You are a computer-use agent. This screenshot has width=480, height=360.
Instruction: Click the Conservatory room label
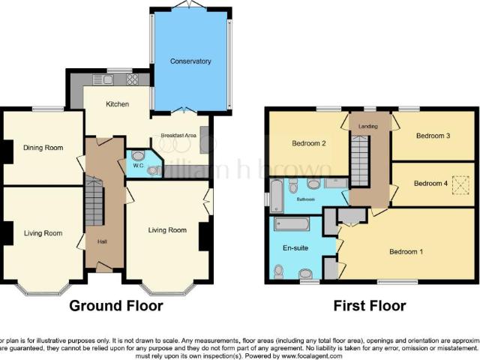click(x=190, y=61)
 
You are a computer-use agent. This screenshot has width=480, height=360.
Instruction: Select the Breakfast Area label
click(x=173, y=136)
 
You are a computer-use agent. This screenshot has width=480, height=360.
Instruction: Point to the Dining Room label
click(x=42, y=148)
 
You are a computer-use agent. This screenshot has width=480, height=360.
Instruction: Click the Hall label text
click(x=103, y=241)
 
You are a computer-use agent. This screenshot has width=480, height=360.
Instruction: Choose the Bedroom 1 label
click(x=406, y=252)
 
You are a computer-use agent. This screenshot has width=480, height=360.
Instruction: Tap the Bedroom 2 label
click(x=307, y=143)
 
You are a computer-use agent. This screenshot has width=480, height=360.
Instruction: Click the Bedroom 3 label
click(x=433, y=136)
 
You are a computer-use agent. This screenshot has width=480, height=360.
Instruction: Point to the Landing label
click(x=369, y=127)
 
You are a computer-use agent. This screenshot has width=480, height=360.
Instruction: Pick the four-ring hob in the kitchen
click(x=132, y=79)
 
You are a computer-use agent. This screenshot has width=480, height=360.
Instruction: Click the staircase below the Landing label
click(x=361, y=165)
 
